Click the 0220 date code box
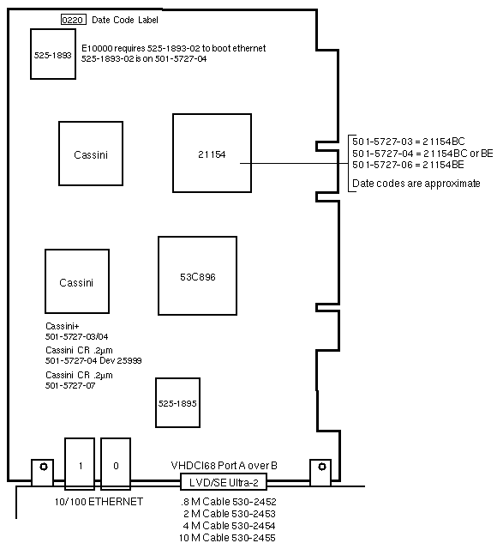(x=74, y=20)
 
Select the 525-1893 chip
(x=53, y=54)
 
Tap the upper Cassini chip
(x=91, y=154)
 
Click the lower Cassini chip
(x=77, y=281)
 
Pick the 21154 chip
(x=212, y=154)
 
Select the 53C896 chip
(x=198, y=276)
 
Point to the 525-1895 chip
(x=177, y=402)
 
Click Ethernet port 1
(x=80, y=463)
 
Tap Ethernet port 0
(x=116, y=463)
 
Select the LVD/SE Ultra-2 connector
(x=224, y=482)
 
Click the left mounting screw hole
(x=44, y=467)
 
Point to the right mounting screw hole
(x=322, y=467)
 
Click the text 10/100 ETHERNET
(x=99, y=502)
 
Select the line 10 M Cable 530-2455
(x=227, y=538)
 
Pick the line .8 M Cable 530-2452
(x=229, y=502)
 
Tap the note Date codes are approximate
(x=416, y=184)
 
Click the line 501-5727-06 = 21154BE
(x=408, y=165)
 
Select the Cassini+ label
(x=63, y=326)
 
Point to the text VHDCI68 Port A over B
(x=225, y=466)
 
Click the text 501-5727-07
(x=70, y=385)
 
